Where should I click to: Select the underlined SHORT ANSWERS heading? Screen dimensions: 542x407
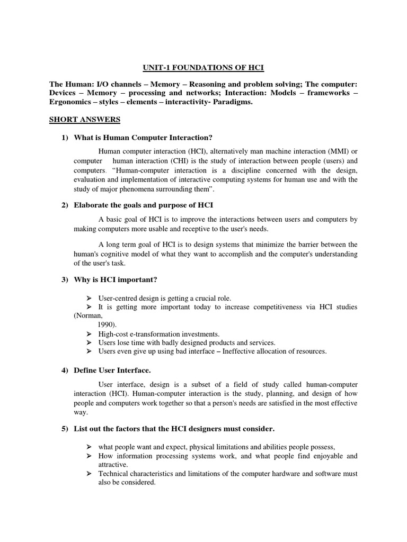tap(85, 120)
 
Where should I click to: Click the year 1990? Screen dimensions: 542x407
tap(107, 324)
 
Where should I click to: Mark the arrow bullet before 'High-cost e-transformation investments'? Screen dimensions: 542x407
tap(89, 334)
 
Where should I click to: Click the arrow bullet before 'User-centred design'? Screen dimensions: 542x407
tap(89, 298)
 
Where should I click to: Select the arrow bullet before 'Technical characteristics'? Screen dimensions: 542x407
tap(89, 474)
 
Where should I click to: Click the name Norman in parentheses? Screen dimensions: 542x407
tap(86, 315)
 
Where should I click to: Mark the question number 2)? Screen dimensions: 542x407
tap(66, 205)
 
